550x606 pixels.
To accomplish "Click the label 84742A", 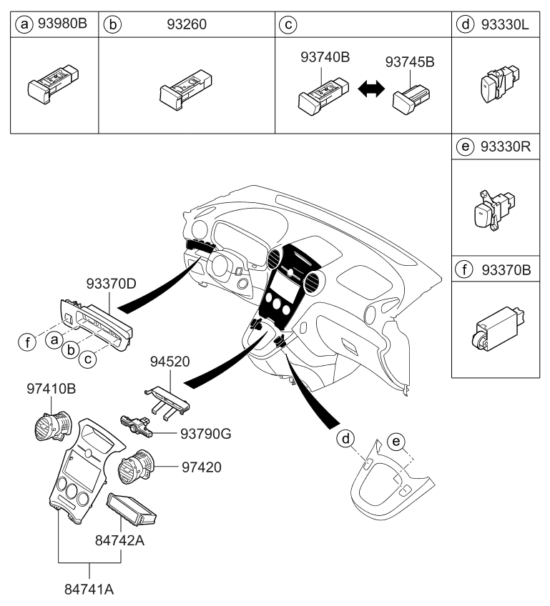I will coord(119,541).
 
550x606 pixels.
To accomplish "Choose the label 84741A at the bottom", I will coord(90,590).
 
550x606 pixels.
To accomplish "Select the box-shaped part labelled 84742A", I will coord(133,511).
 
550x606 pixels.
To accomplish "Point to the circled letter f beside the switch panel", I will coord(26,341).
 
